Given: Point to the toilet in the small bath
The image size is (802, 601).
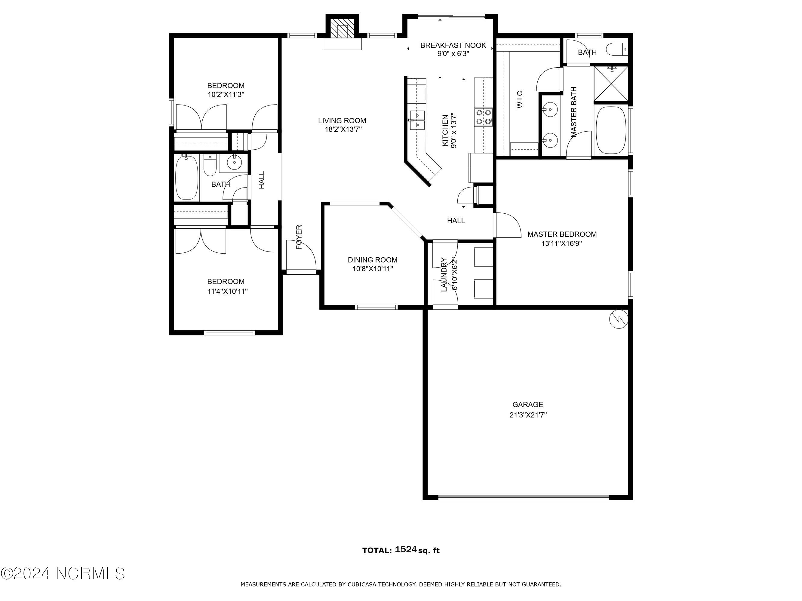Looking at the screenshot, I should pos(616,49).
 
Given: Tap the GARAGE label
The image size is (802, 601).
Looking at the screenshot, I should pos(527,404).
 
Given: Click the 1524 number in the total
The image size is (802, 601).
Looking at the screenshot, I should pos(405,549).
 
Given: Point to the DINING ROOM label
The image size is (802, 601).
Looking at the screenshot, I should pos(372,260).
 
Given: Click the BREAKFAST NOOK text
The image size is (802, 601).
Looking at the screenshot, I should pos(453,45).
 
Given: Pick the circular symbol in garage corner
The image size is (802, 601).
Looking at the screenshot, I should pos(619,319).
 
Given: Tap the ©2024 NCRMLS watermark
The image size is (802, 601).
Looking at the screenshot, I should pos(63,573).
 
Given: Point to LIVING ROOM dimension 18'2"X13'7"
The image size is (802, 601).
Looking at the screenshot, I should pos(343,130).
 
